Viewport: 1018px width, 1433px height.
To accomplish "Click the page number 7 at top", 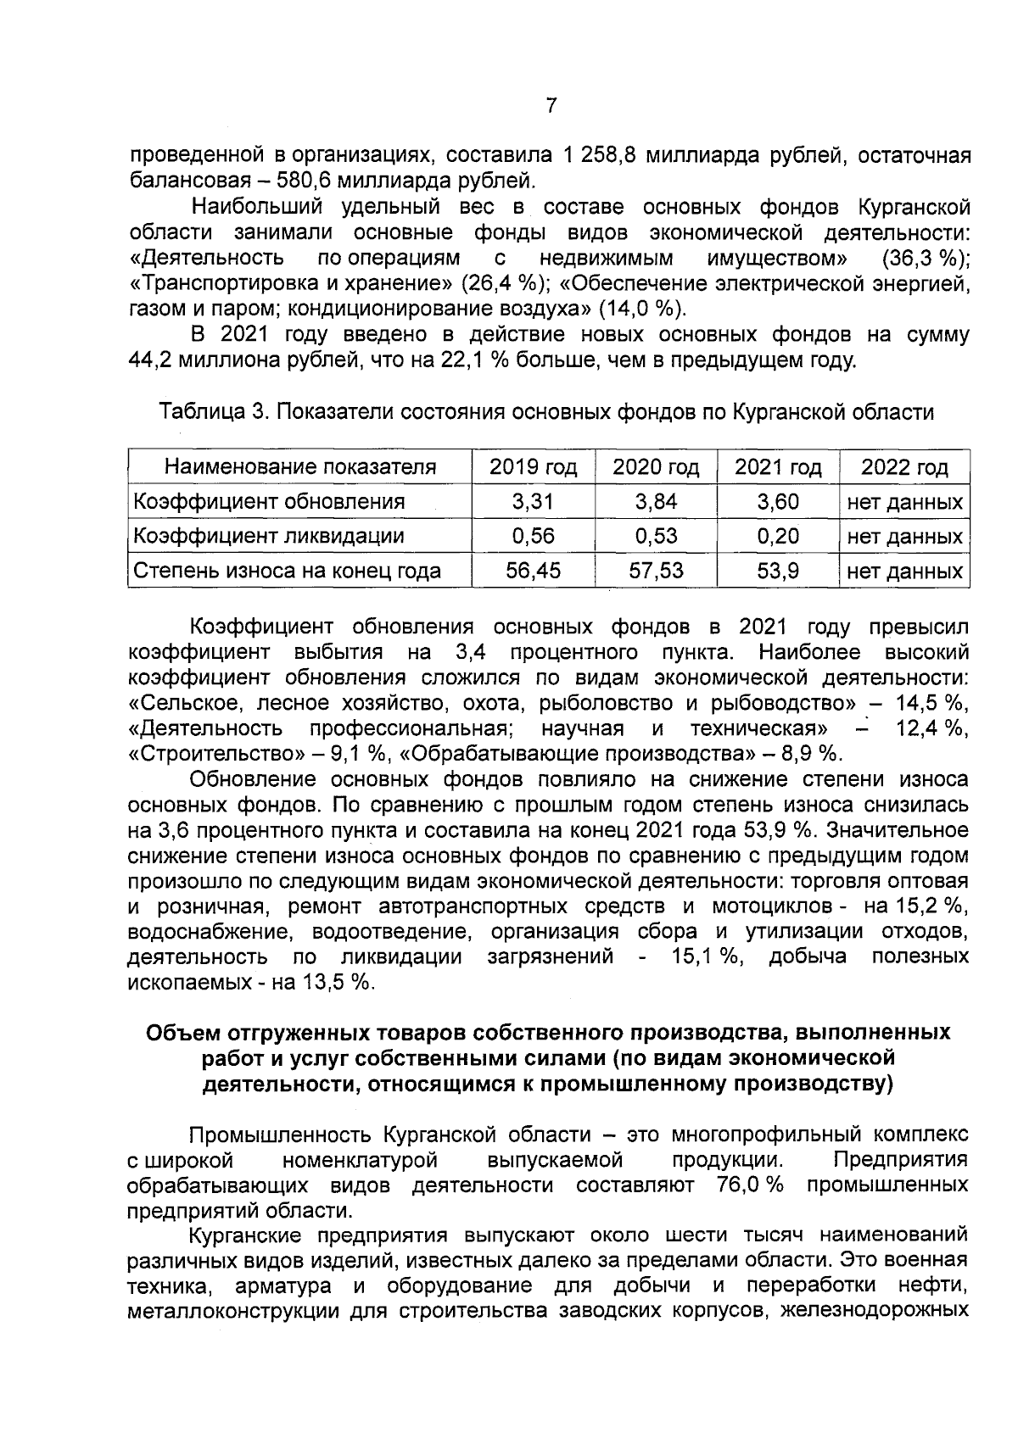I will pos(551,106).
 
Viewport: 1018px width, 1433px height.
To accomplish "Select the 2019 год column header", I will pos(533,467).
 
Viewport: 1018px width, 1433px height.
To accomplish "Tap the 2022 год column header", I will pos(904,467).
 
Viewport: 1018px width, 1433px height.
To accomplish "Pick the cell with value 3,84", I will pos(656,501).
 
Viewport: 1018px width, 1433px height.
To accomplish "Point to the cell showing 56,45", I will pos(533,571).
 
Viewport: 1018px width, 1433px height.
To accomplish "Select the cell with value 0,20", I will pos(778,536).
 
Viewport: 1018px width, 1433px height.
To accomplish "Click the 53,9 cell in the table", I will pos(778,571).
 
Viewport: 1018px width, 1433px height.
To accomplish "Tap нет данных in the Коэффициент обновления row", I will pos(904,502).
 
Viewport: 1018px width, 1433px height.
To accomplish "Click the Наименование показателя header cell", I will pos(299,467).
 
